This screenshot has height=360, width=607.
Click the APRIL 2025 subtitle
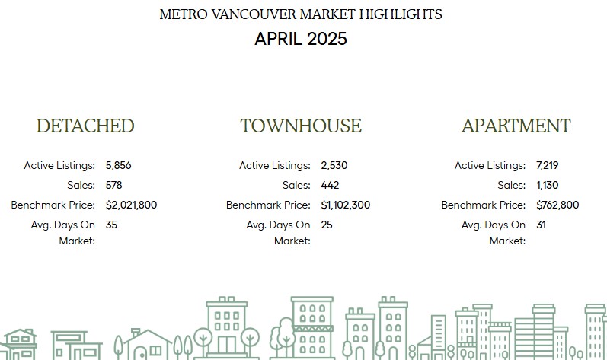tap(301, 39)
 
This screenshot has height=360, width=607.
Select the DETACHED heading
tap(85, 126)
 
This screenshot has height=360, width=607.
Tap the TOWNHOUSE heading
tap(301, 126)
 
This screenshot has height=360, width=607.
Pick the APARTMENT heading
tap(516, 126)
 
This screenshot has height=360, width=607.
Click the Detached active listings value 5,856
tap(119, 165)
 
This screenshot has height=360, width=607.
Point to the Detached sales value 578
tap(113, 185)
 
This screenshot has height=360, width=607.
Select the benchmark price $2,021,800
tap(131, 205)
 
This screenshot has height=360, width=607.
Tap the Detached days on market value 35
tap(111, 225)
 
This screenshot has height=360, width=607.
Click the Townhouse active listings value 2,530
tap(334, 165)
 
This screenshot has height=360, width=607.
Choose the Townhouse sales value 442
tap(330, 185)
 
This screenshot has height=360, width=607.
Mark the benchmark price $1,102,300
tap(345, 205)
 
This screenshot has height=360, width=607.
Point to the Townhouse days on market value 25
tap(327, 225)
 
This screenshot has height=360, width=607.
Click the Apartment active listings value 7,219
tap(548, 165)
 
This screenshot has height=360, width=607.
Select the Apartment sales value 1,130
tap(548, 185)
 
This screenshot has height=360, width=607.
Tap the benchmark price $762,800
tap(557, 205)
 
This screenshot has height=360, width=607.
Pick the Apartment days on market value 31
tap(542, 225)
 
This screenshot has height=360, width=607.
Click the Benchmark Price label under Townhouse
tap(268, 205)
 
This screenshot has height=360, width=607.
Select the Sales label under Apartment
tap(511, 185)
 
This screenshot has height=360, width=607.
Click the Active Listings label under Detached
tap(59, 165)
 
